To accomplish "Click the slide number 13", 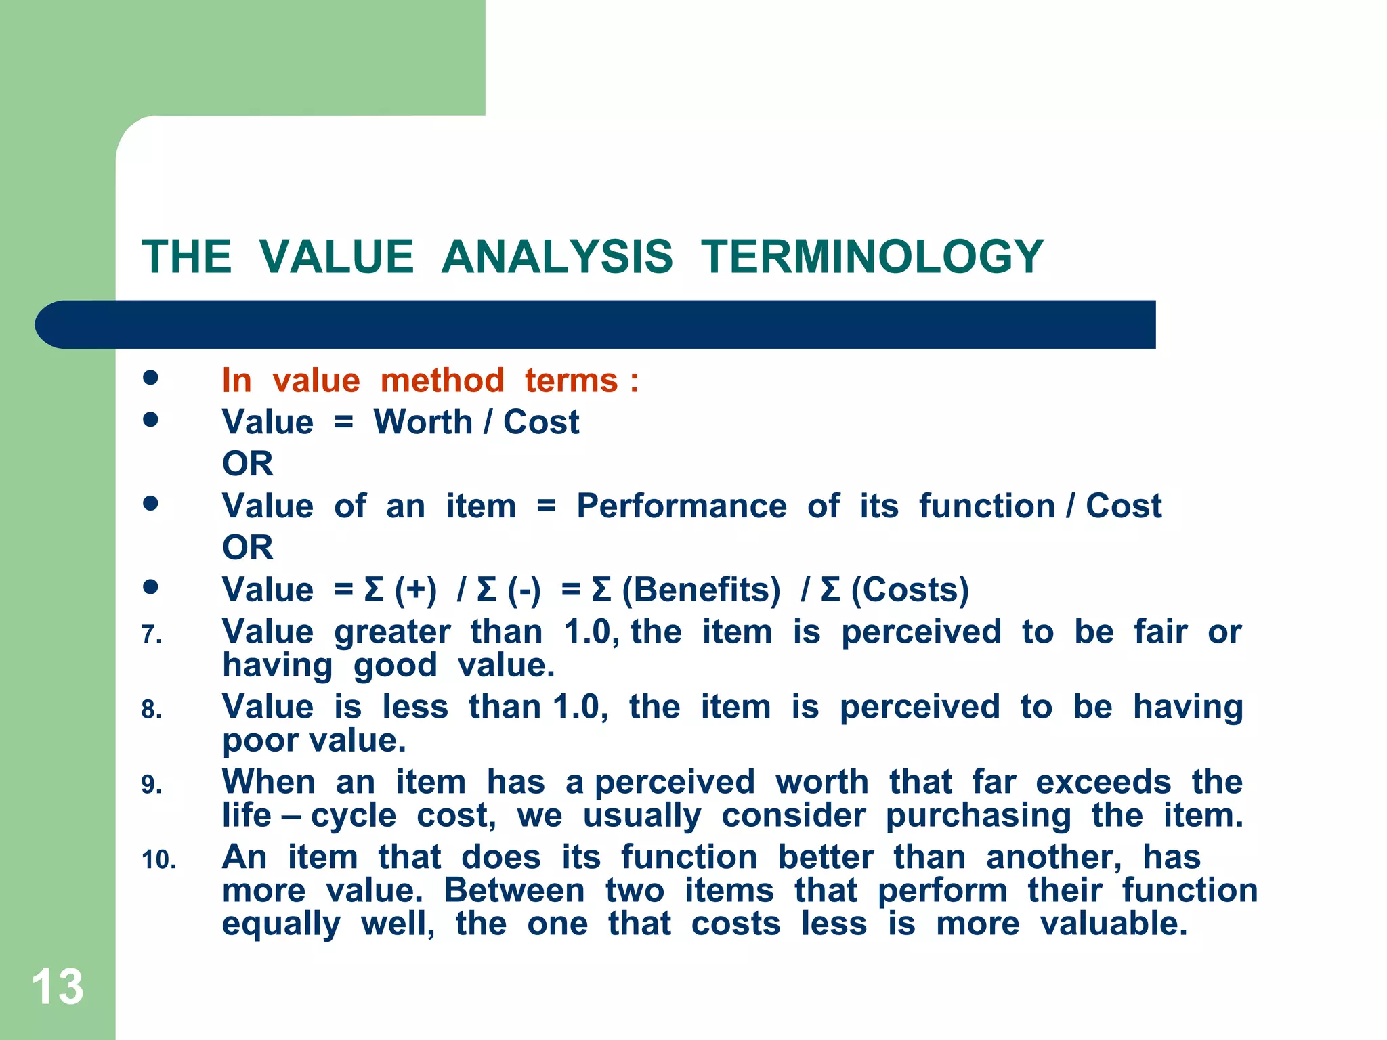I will pyautogui.click(x=58, y=987).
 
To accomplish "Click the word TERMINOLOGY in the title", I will pyautogui.click(x=872, y=257).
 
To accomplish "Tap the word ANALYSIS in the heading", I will pyautogui.click(x=557, y=257).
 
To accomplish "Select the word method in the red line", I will pyautogui.click(x=442, y=380).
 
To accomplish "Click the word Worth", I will pyautogui.click(x=423, y=422).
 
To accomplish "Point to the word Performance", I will pyautogui.click(x=681, y=506).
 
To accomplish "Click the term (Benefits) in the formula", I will pyautogui.click(x=701, y=590).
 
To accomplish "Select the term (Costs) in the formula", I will pyautogui.click(x=910, y=590).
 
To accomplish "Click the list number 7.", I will pyautogui.click(x=151, y=635).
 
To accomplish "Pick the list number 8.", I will pyautogui.click(x=151, y=710).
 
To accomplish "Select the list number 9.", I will pyautogui.click(x=151, y=785).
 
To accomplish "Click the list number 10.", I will pyautogui.click(x=158, y=861).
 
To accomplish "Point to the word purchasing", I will pyautogui.click(x=978, y=816).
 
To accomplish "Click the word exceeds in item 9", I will pyautogui.click(x=1103, y=782).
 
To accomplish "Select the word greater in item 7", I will pyautogui.click(x=392, y=633).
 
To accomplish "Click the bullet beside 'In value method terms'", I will pyautogui.click(x=150, y=378).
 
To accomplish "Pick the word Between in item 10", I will pyautogui.click(x=514, y=890).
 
